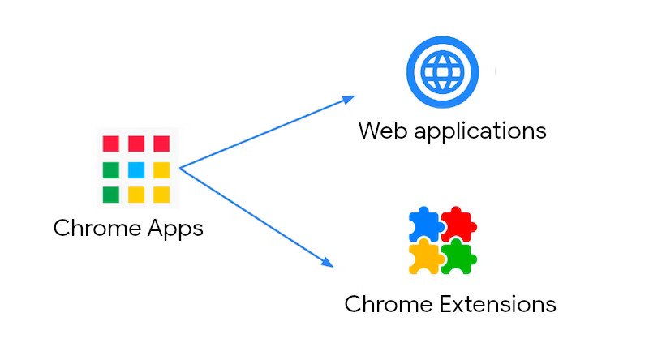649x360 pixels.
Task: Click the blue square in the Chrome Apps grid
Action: point(136,169)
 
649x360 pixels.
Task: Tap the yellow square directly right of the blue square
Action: point(161,169)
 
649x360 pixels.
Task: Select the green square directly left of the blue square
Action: point(111,169)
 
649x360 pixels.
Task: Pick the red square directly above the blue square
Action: point(136,144)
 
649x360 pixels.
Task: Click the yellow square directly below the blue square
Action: point(136,195)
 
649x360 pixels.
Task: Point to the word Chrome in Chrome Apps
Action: point(93,228)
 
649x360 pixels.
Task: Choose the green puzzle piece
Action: point(459,256)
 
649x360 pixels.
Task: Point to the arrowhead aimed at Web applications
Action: point(349,98)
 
